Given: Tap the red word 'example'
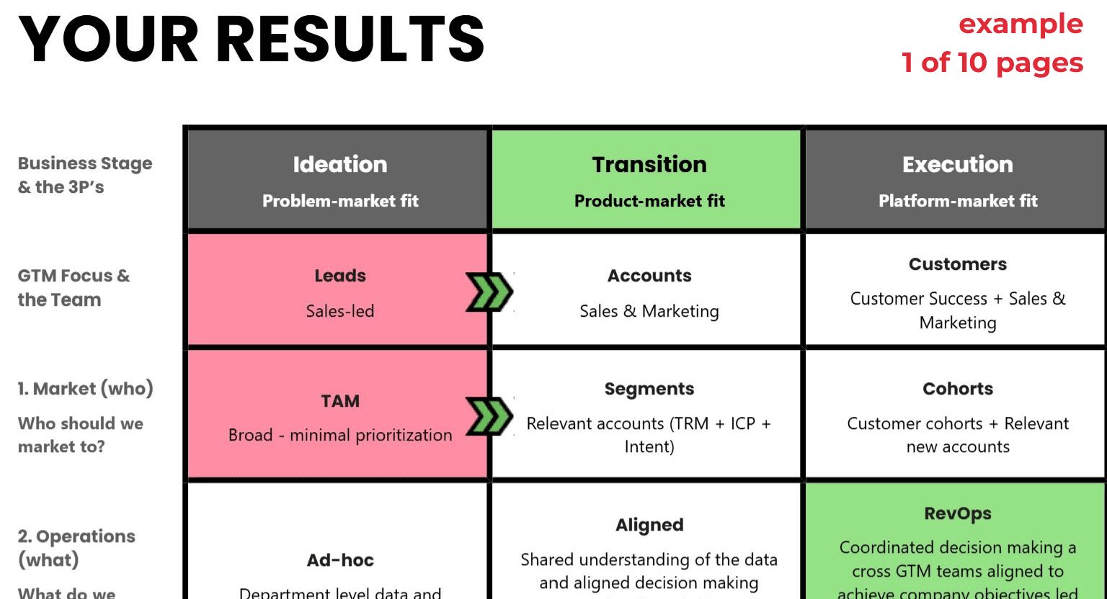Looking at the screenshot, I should tap(1021, 24).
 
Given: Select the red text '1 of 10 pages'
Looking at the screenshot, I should tap(992, 63).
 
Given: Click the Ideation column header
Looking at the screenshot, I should tap(340, 165).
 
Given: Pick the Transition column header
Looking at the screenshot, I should tap(649, 165).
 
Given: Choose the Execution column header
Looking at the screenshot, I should tap(958, 165).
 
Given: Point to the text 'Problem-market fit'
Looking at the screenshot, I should tap(340, 201).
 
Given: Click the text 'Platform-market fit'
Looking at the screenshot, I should tap(958, 201).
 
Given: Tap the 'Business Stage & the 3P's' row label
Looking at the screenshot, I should tap(85, 175).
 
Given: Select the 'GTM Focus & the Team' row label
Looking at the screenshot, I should tap(74, 287).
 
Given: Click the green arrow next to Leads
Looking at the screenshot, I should tap(489, 292).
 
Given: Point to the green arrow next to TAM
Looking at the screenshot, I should tap(489, 416).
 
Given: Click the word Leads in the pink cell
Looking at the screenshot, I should tap(340, 276).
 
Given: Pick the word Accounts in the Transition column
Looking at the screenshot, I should tap(649, 276).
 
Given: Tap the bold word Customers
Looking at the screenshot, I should tap(958, 264).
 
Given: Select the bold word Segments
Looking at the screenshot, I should tap(649, 389).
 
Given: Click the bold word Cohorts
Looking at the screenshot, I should tap(958, 389).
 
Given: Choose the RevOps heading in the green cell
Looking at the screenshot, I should tap(958, 513).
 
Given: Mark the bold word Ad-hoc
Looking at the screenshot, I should tap(340, 560).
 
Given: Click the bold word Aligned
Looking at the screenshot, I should tap(649, 525).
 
